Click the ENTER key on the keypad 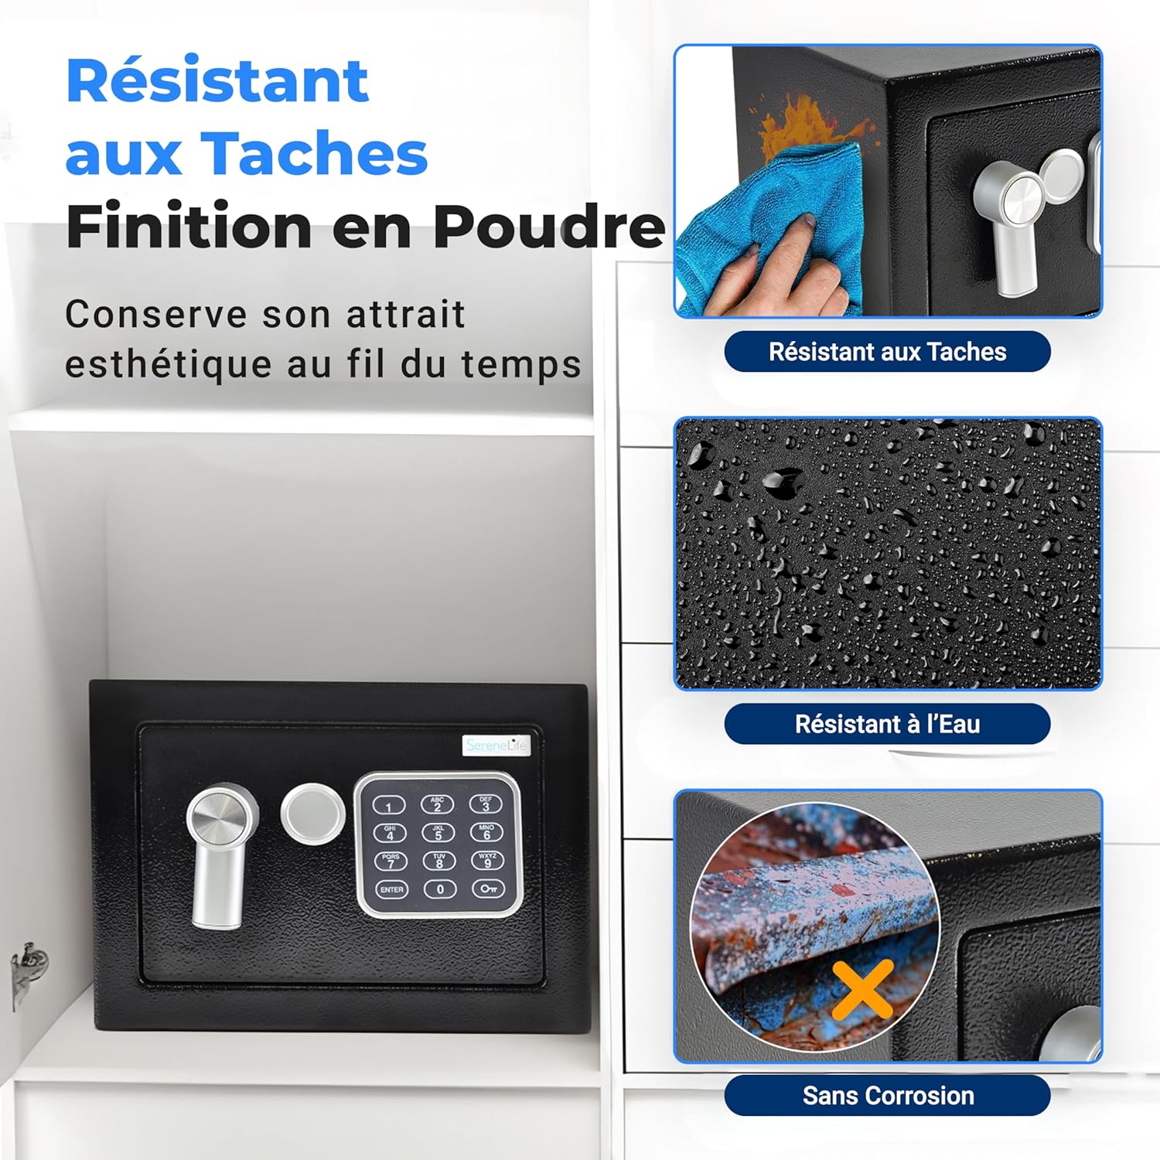[391, 889]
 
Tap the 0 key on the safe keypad [440, 889]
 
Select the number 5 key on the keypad [438, 832]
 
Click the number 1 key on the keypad [389, 806]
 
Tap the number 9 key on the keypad [488, 860]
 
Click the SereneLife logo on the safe [496, 745]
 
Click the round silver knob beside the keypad [312, 814]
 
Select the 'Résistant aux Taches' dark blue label [887, 352]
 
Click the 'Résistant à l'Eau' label [887, 724]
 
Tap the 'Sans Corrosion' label [887, 1095]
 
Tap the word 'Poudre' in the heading [548, 226]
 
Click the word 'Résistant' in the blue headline [217, 80]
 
